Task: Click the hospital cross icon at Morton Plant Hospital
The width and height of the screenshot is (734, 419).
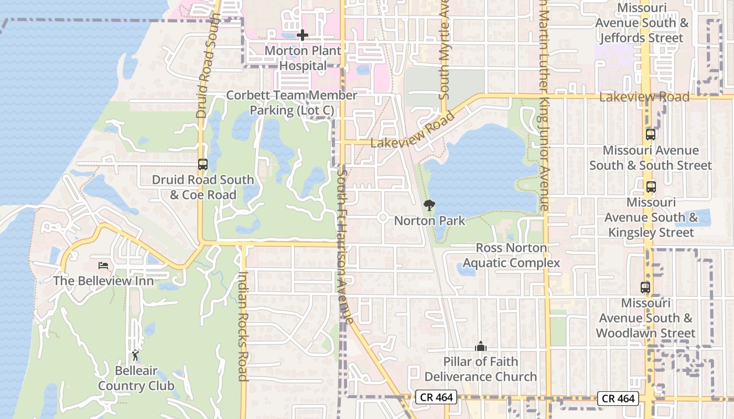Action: coord(303,35)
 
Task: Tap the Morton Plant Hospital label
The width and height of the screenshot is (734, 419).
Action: coord(303,58)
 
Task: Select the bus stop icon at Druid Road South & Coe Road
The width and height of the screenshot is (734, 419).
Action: coord(203,164)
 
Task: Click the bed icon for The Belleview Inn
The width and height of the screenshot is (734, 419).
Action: coord(103,266)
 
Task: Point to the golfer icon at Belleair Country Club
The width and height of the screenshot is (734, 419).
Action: coord(135,356)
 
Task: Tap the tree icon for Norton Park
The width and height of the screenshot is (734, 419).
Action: coord(429,205)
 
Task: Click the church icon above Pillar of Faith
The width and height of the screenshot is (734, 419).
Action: coord(480,346)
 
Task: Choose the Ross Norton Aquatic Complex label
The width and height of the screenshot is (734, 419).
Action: coord(511,255)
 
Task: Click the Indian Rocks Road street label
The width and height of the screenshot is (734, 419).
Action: coord(242,326)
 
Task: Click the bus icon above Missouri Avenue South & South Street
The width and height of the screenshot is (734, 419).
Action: coord(651,134)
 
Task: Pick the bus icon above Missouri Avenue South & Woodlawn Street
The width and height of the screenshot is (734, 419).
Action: coord(645,287)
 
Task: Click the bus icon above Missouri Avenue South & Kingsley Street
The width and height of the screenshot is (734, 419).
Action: coord(651,186)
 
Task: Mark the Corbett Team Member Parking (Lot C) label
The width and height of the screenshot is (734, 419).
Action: coord(292,103)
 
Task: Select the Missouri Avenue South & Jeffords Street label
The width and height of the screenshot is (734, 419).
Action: coord(642,23)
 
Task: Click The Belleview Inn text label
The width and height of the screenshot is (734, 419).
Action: coord(103,281)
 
